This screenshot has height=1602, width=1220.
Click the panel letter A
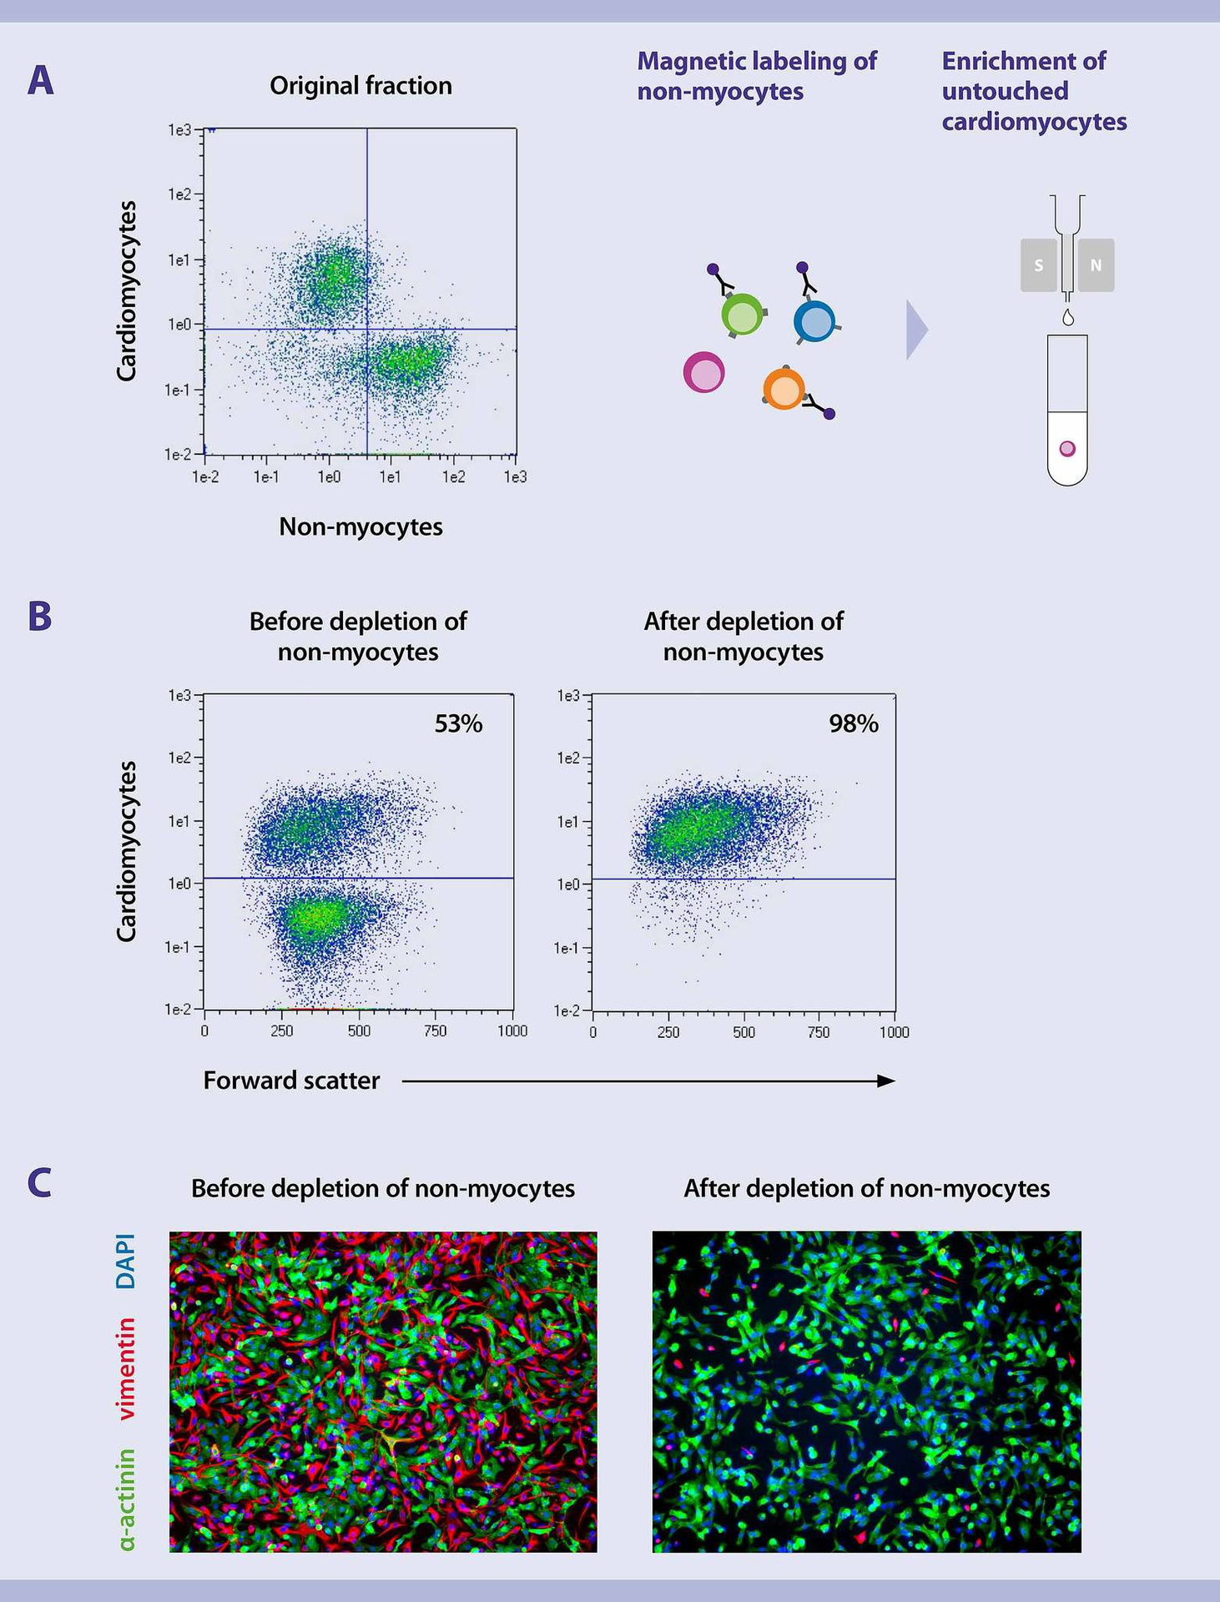[x=40, y=81]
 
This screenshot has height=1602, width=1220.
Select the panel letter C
[x=39, y=1182]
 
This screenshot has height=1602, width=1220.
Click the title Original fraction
[x=360, y=86]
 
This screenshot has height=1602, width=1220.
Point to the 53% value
[x=458, y=723]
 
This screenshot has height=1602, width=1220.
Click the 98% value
[x=853, y=723]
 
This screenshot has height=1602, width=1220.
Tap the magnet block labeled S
[x=1039, y=265]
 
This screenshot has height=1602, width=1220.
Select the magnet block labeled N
[x=1096, y=265]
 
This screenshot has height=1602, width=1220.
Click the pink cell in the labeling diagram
[x=703, y=372]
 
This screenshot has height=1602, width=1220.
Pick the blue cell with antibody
[x=814, y=321]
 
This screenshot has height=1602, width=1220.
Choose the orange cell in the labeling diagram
[x=784, y=389]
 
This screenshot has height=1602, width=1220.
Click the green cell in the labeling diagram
[x=742, y=315]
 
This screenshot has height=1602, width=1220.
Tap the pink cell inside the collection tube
[x=1067, y=449]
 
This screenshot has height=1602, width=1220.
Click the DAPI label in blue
[x=126, y=1261]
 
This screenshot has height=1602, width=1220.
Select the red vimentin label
[x=126, y=1368]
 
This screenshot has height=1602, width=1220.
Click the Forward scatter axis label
[x=291, y=1081]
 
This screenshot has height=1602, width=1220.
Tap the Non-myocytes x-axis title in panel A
[x=360, y=526]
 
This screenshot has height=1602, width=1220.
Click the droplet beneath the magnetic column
[x=1067, y=318]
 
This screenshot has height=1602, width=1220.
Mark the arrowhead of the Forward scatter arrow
[x=886, y=1081]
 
